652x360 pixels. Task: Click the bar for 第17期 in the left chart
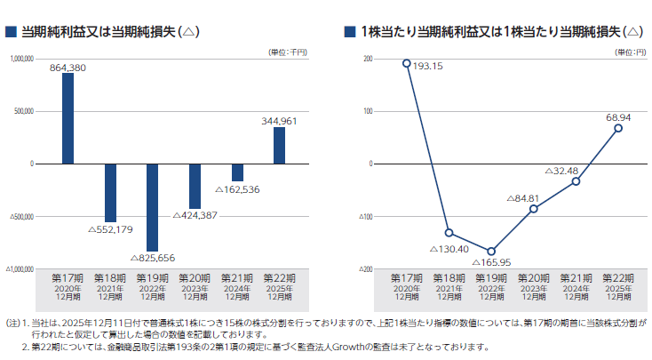click(68, 118)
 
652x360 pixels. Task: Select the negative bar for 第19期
click(153, 206)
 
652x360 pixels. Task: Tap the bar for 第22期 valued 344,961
click(279, 145)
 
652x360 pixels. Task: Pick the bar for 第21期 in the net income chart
click(237, 172)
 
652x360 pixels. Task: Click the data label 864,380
click(68, 68)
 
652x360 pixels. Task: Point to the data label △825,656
click(153, 259)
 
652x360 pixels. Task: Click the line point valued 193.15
click(407, 63)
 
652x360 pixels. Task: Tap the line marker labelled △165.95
click(491, 251)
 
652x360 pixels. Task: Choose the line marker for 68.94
click(618, 128)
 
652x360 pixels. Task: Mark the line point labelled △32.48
click(576, 180)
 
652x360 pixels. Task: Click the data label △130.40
click(451, 249)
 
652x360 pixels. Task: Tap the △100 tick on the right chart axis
click(366, 216)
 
